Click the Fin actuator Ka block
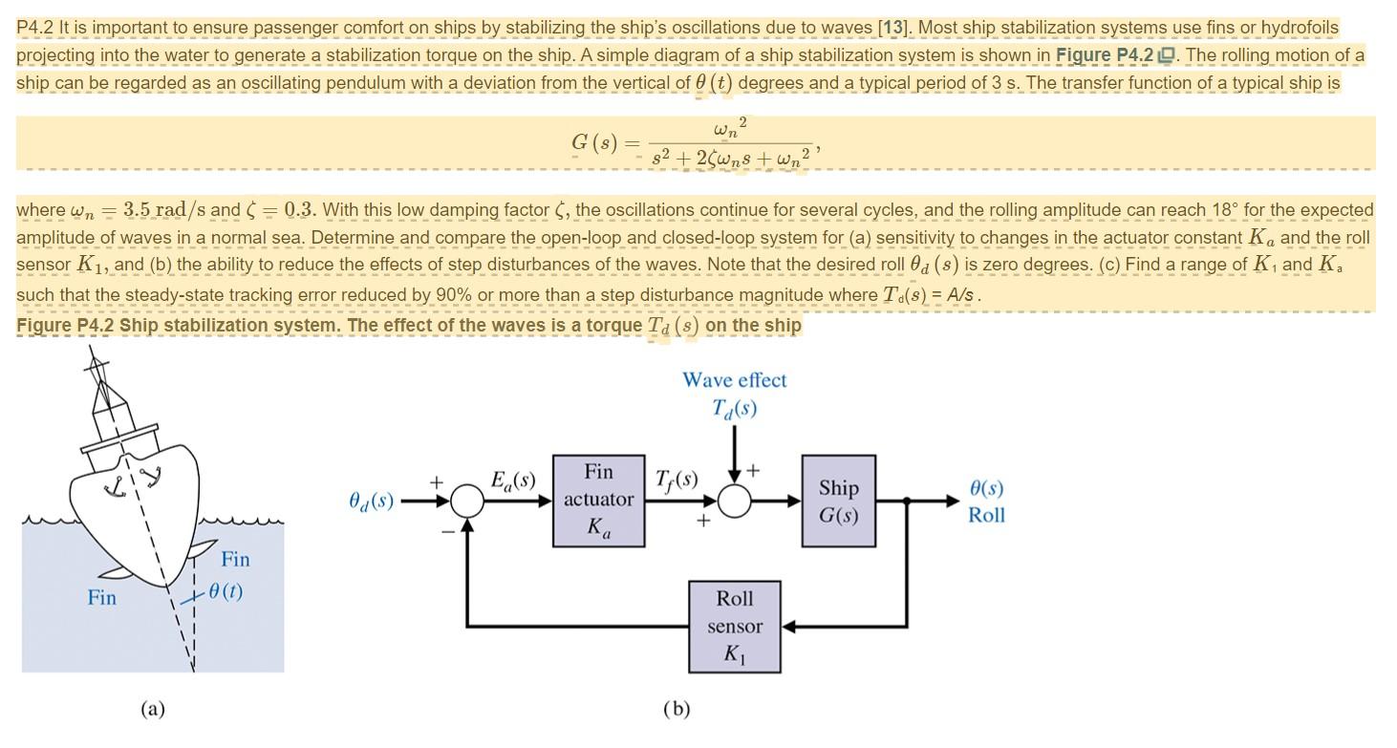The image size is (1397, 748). [598, 500]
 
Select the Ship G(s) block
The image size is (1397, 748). [838, 501]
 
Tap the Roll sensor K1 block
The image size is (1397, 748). [735, 627]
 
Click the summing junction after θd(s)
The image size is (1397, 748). [467, 500]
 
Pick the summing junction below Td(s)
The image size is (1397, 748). [734, 500]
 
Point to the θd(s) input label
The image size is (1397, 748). [372, 500]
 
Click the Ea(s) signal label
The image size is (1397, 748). [512, 480]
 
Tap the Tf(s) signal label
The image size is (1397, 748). [677, 479]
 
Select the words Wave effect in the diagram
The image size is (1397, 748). [734, 380]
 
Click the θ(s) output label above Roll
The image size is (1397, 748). [986, 488]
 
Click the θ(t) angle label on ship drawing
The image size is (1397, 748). [225, 591]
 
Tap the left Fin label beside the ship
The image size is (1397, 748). [102, 598]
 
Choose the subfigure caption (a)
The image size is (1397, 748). [153, 709]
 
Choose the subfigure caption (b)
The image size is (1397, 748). [676, 709]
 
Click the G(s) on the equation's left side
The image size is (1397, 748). [593, 142]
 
